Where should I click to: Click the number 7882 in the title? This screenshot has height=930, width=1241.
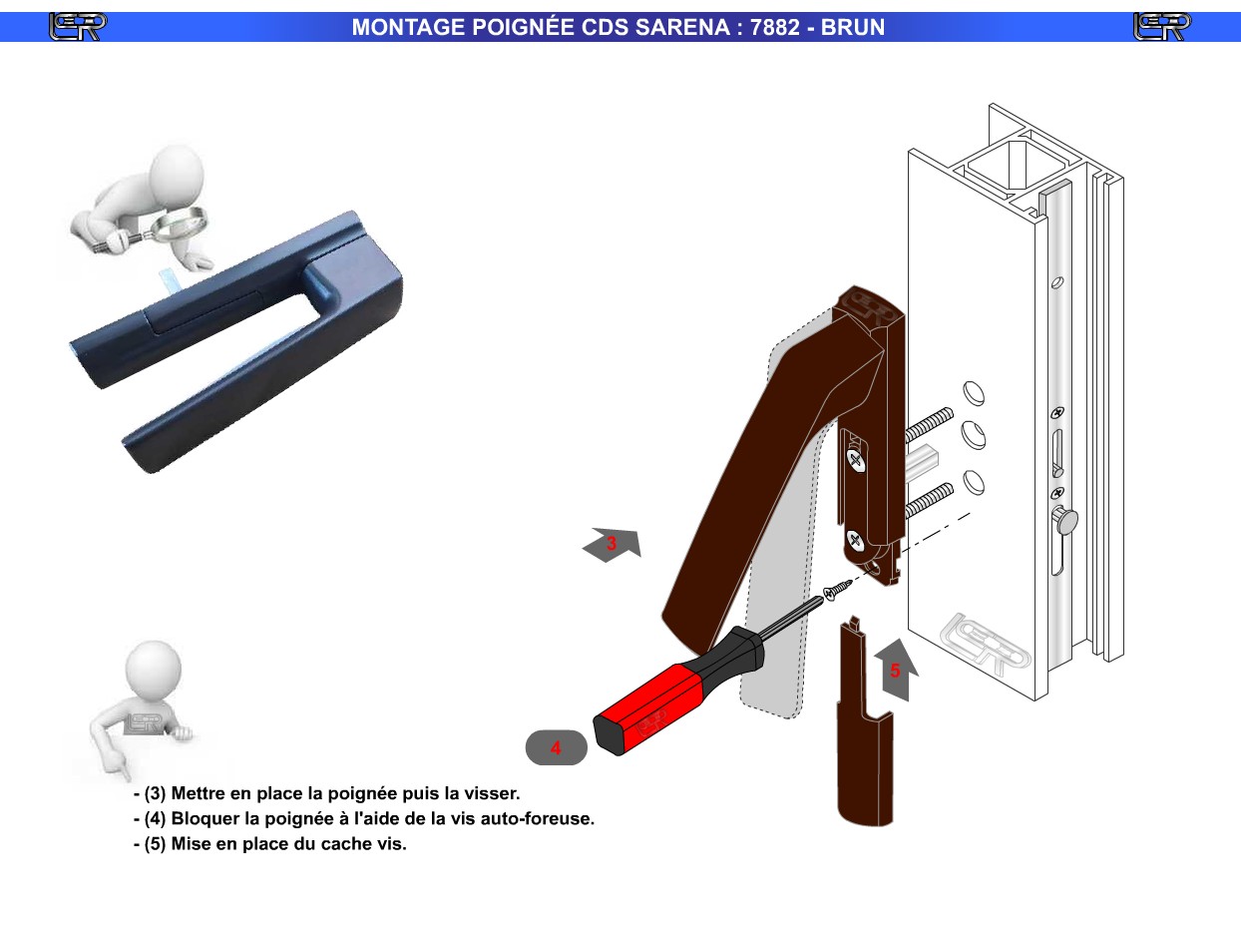pyautogui.click(x=774, y=27)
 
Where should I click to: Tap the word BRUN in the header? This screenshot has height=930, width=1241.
pyautogui.click(x=853, y=27)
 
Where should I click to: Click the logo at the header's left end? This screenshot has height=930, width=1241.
pyautogui.click(x=78, y=27)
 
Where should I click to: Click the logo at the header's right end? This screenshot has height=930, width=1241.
pyautogui.click(x=1162, y=27)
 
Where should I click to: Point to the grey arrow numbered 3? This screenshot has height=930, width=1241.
pyautogui.click(x=613, y=545)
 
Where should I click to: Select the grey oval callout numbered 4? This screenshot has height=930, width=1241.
pyautogui.click(x=557, y=747)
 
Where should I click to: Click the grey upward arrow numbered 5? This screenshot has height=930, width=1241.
pyautogui.click(x=897, y=670)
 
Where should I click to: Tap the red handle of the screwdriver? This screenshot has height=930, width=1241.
pyautogui.click(x=650, y=708)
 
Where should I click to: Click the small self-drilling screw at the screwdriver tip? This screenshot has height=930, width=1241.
pyautogui.click(x=837, y=589)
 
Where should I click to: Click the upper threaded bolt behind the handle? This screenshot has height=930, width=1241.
pyautogui.click(x=930, y=423)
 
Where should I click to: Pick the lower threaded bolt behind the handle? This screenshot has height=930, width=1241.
pyautogui.click(x=930, y=500)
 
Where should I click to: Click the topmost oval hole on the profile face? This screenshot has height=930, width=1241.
pyautogui.click(x=974, y=393)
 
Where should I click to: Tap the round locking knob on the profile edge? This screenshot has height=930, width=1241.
pyautogui.click(x=1065, y=520)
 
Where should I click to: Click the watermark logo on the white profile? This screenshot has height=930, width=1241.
pyautogui.click(x=985, y=644)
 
